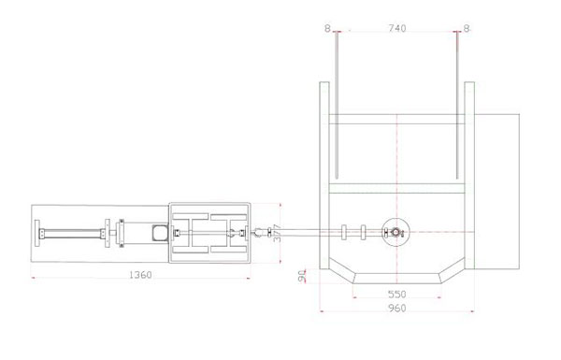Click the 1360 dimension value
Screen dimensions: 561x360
click(x=140, y=275)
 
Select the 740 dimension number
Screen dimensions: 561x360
click(x=397, y=28)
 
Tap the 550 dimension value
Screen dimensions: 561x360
click(x=397, y=295)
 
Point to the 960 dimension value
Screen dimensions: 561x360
click(x=397, y=309)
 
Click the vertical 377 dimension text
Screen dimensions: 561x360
click(x=277, y=233)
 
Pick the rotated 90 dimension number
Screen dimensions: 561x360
click(x=302, y=276)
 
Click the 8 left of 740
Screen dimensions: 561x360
click(x=327, y=28)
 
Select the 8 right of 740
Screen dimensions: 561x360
click(x=467, y=28)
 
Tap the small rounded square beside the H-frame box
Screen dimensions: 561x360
click(x=160, y=233)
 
